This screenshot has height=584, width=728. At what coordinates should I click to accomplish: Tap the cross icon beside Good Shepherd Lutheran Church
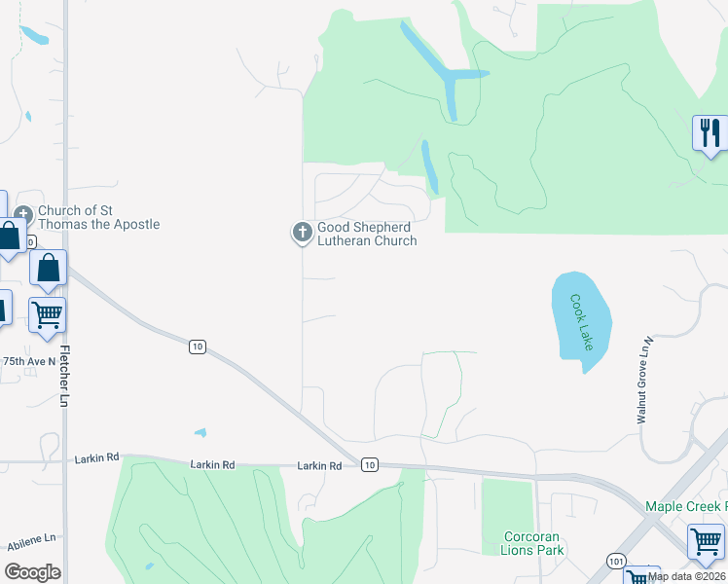pyautogui.click(x=302, y=233)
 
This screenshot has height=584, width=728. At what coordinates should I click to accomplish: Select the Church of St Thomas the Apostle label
pyautogui.click(x=98, y=217)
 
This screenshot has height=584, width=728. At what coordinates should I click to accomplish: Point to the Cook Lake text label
pyautogui.click(x=582, y=322)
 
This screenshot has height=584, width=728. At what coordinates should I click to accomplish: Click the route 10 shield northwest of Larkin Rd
pyautogui.click(x=198, y=347)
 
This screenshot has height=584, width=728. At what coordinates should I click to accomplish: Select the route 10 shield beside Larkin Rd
pyautogui.click(x=369, y=465)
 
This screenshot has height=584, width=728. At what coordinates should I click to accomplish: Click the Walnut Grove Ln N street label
pyautogui.click(x=643, y=381)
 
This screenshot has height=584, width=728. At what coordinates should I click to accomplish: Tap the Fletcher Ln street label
pyautogui.click(x=66, y=374)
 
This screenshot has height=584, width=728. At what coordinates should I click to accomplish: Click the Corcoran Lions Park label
pyautogui.click(x=534, y=543)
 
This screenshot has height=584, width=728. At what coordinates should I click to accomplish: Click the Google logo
pyautogui.click(x=32, y=572)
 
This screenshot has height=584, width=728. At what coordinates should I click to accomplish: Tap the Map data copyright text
pyautogui.click(x=687, y=576)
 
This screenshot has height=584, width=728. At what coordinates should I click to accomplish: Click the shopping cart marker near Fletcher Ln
pyautogui.click(x=47, y=314)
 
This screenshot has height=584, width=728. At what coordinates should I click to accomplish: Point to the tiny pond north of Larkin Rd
pyautogui.click(x=200, y=432)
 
